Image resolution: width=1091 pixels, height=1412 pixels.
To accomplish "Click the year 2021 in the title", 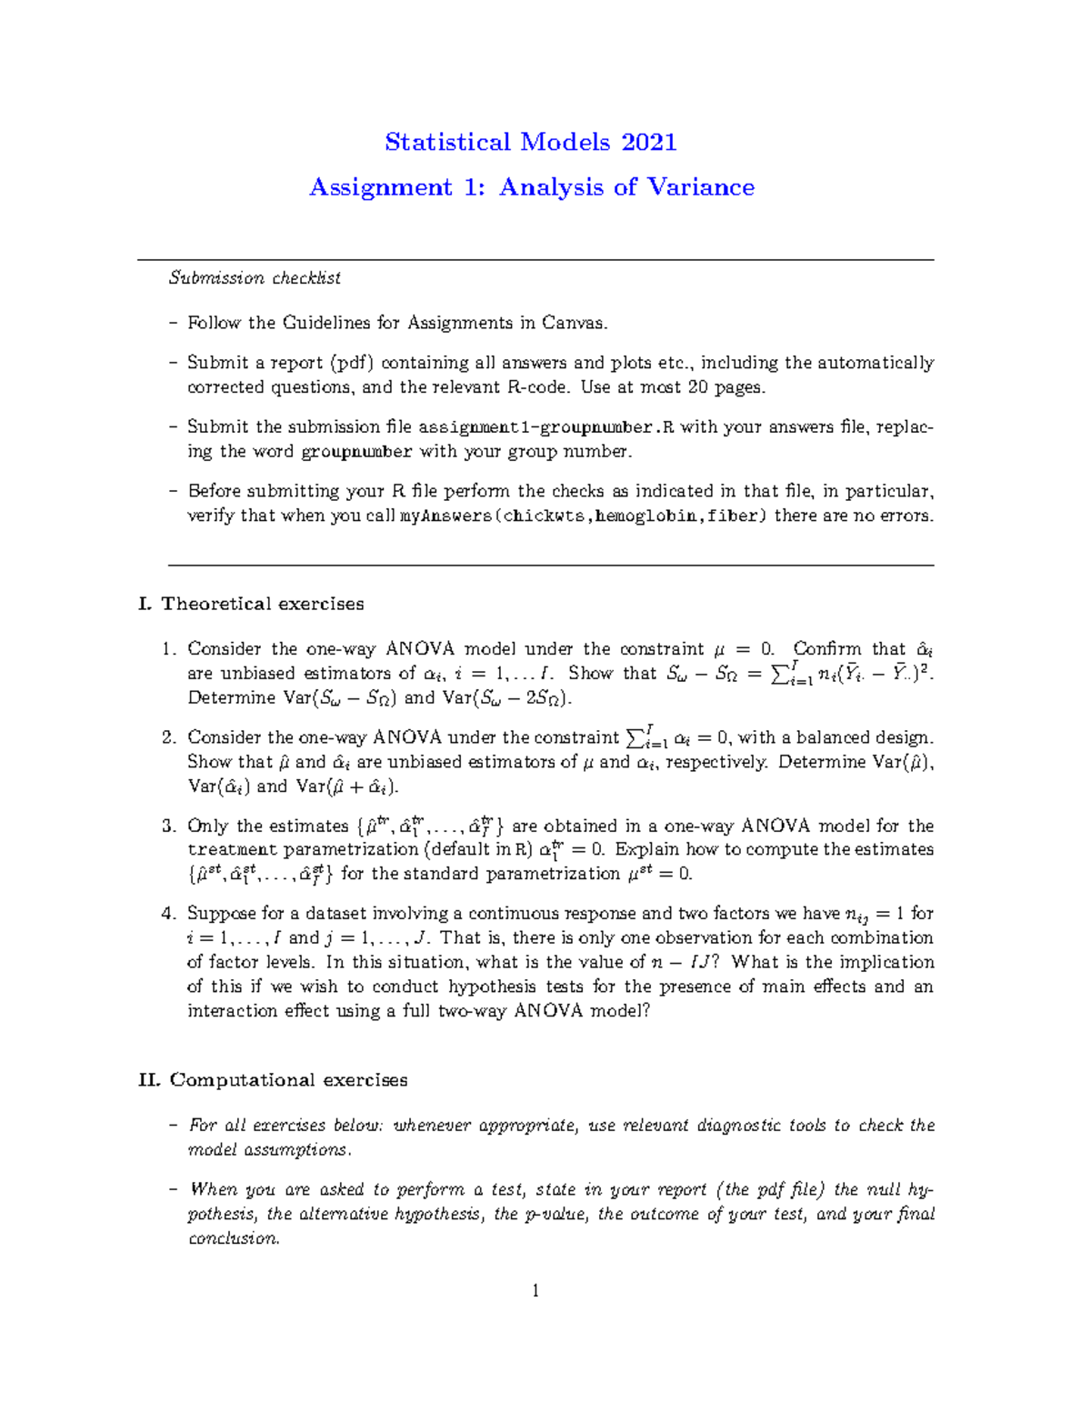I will coord(649,142).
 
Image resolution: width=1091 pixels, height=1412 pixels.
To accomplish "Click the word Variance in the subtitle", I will coord(700,187).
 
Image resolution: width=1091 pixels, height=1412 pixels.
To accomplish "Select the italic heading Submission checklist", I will coord(255,278).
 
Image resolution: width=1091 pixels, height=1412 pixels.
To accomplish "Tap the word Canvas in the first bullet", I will coord(573,323).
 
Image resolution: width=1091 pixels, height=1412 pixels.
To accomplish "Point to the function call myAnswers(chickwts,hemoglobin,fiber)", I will coord(584,516).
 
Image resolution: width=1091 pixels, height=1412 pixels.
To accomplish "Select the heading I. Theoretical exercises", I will coord(251,604).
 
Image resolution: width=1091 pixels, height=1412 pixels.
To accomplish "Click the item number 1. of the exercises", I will coord(168,649).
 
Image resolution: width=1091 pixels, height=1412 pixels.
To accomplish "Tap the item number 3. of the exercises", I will coord(168,826).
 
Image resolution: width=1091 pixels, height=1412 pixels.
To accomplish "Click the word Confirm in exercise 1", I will coord(826,649).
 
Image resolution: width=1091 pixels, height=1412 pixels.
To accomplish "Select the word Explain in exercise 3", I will coord(646,849).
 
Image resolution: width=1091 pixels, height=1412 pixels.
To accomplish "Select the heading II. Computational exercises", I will coord(273,1080).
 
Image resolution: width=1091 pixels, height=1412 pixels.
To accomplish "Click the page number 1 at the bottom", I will coord(535,1291).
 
